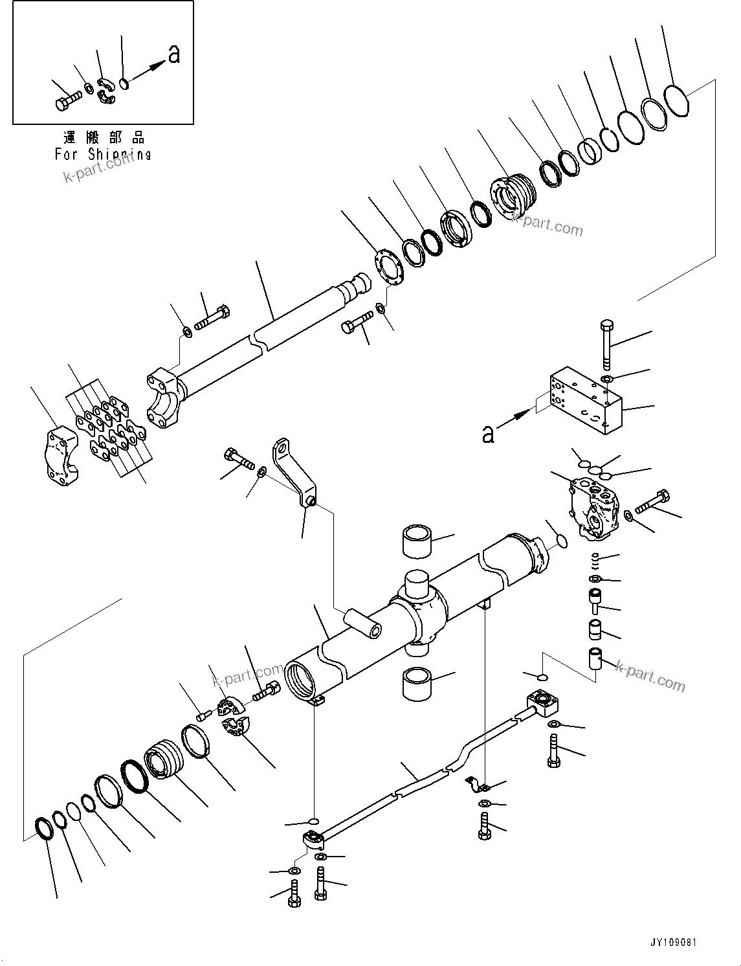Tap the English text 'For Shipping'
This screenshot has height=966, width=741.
point(102,154)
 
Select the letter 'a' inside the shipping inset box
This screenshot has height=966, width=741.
point(173,55)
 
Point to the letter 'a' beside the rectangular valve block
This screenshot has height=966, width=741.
point(487,434)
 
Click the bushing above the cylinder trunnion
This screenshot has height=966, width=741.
point(418,541)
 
